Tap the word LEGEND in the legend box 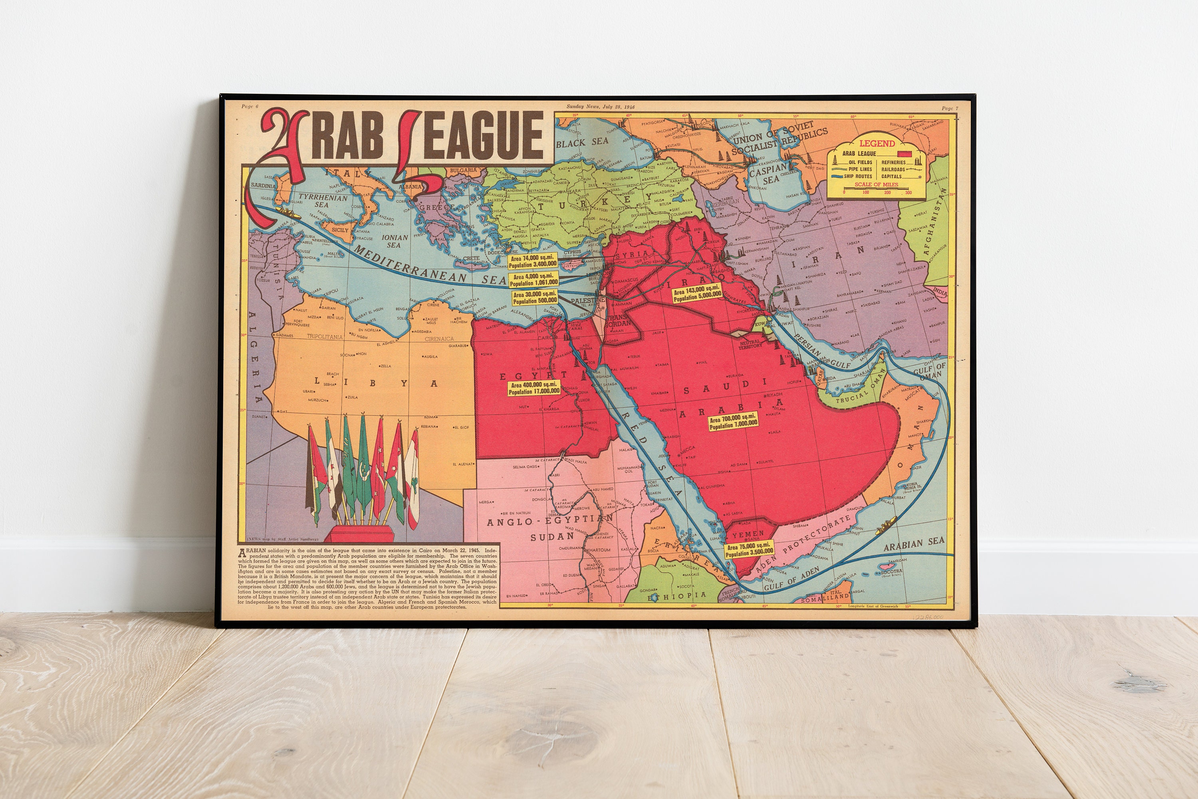(x=877, y=144)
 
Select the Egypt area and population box (x=534, y=388)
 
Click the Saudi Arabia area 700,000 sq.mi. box (x=734, y=422)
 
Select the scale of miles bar (x=877, y=191)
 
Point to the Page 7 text (x=950, y=109)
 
